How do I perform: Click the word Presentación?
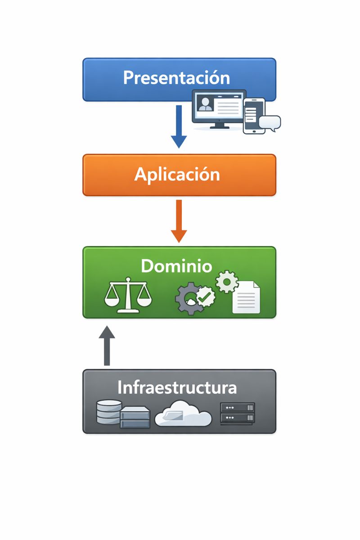176,78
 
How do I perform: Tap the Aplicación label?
177,175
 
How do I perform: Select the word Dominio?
176,266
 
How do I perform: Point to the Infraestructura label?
177,387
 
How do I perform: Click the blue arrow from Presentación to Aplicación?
179,126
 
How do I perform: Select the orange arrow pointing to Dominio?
179,220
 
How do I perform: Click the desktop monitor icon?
219,107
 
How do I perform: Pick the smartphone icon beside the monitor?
254,116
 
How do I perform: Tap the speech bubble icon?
270,122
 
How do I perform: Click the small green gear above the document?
227,282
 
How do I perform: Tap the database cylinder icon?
109,412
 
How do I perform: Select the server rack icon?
237,413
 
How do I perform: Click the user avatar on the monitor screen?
205,104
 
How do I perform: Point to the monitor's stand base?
219,126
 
